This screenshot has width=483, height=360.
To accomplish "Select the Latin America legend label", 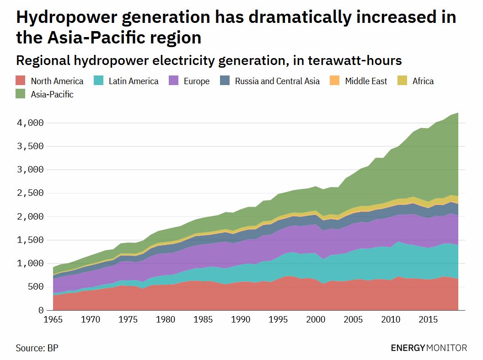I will tap(134, 81).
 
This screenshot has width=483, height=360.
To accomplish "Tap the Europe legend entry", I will tap(196, 81).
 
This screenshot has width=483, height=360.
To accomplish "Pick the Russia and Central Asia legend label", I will tap(277, 81).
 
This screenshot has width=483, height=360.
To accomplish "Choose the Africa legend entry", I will tap(423, 81).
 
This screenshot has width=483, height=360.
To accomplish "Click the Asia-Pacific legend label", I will tap(52, 95).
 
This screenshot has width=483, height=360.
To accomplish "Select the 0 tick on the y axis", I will tap(41, 310).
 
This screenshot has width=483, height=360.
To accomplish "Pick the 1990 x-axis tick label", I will tap(240, 319).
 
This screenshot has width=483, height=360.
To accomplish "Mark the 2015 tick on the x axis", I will tap(427, 319).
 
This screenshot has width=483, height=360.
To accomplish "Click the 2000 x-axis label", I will tap(315, 319).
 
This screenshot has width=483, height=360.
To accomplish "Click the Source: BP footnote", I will tap(37, 348).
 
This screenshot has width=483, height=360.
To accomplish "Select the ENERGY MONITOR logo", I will tap(429, 348).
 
